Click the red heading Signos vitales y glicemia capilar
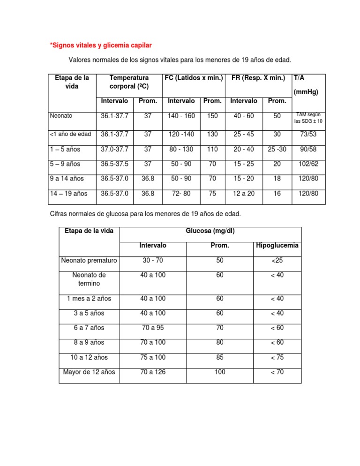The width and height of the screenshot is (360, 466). [101, 45]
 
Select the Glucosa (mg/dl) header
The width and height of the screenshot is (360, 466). [210, 231]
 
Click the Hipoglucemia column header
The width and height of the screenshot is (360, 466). [277, 246]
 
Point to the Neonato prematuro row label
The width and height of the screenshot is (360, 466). [89, 260]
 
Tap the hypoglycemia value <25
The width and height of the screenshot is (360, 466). [277, 260]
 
